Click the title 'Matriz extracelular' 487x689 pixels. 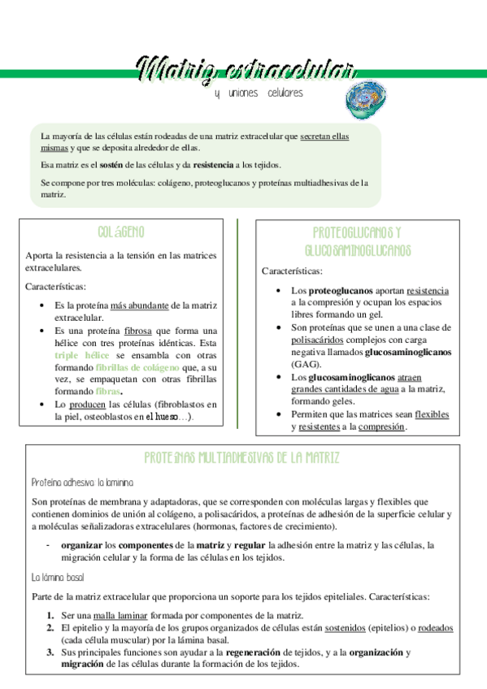pyautogui.click(x=244, y=70)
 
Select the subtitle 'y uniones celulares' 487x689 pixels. pyautogui.click(x=259, y=93)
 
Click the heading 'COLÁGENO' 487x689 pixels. pyautogui.click(x=121, y=232)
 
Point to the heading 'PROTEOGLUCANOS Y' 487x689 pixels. pyautogui.click(x=358, y=233)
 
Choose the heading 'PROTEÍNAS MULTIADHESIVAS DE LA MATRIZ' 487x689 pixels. pyautogui.click(x=242, y=458)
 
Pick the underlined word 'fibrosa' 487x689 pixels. pyautogui.click(x=142, y=331)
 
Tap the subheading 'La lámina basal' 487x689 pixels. pyautogui.click(x=58, y=578)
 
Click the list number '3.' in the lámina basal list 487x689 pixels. pyautogui.click(x=50, y=652)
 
